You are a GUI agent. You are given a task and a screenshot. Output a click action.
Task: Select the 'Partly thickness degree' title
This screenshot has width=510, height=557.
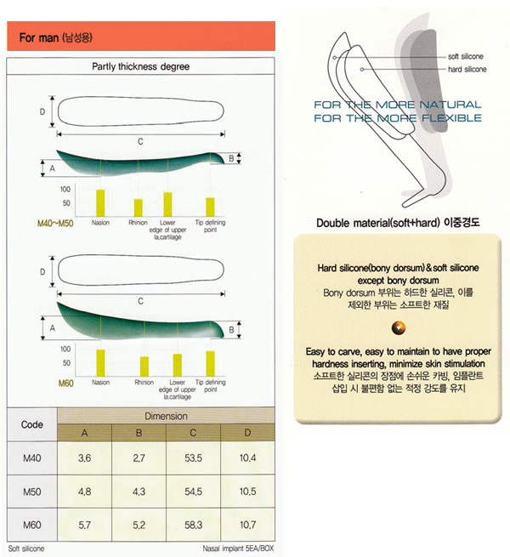coord(139,66)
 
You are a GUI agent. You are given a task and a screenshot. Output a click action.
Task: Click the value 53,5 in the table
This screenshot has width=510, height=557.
coord(195,459)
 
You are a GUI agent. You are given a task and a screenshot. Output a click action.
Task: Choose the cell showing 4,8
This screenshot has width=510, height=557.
coord(85,492)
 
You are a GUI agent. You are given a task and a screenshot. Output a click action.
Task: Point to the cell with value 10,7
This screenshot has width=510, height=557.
coord(247,526)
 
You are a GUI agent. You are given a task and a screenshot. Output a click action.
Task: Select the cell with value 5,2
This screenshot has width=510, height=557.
coord(140,526)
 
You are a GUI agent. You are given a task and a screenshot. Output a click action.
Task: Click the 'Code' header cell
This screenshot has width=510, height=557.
coord(31,423)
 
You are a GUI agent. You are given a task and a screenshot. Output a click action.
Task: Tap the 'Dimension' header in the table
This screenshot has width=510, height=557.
coord(166,417)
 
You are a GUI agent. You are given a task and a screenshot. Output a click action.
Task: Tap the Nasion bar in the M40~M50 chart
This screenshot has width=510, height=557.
coord(100,202)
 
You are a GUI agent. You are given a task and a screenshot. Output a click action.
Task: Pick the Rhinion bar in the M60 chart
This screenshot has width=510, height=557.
coord(144,366)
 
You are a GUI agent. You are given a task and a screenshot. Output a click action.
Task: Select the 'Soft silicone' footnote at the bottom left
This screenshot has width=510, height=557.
coord(26,548)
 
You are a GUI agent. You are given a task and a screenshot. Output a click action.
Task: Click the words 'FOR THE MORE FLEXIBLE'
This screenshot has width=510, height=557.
coord(397,118)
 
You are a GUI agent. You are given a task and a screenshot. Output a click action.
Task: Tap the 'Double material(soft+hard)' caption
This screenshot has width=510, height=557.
coord(398,224)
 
